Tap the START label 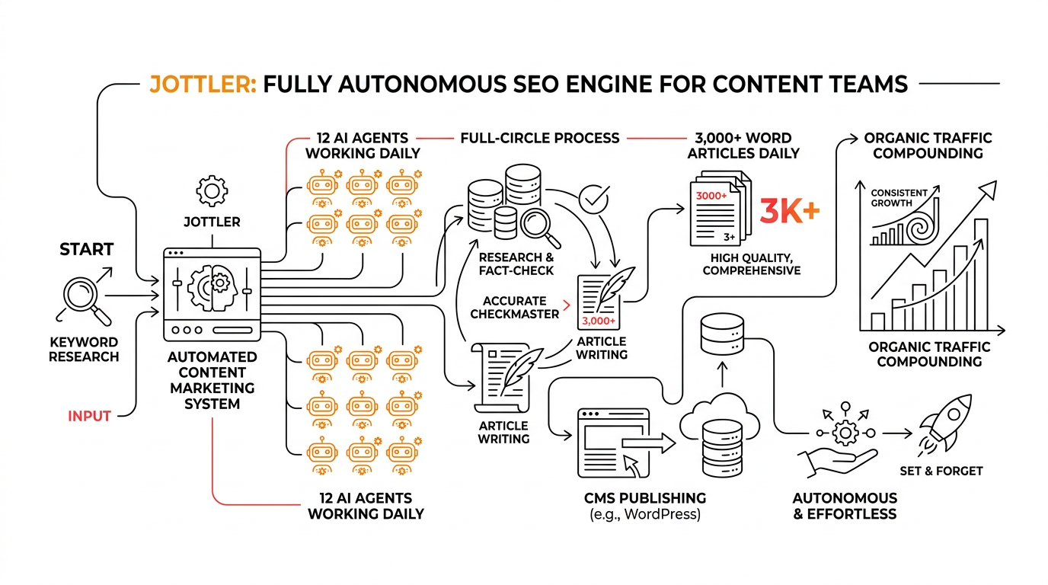point(86,249)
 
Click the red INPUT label point(89,416)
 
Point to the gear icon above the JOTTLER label point(212,190)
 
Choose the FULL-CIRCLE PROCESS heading point(540,138)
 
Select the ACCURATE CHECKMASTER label point(515,307)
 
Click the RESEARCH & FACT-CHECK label point(516,264)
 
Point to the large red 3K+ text point(789,212)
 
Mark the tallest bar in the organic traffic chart point(981,274)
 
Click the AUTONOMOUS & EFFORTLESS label point(845,506)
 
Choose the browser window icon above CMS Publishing point(614,438)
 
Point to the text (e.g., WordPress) point(644,515)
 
